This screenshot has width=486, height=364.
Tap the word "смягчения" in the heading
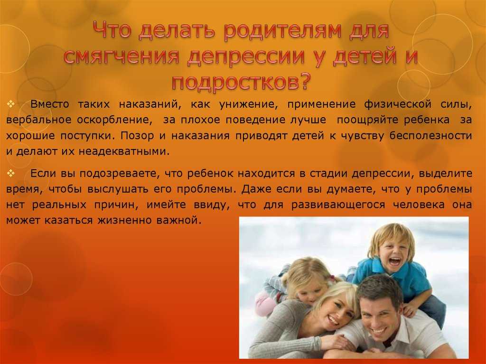coord(121,57)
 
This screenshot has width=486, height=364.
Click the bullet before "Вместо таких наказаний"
coord(11,103)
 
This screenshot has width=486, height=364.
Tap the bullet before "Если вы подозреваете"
coord(11,173)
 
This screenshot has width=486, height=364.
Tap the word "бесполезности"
coord(430,136)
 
